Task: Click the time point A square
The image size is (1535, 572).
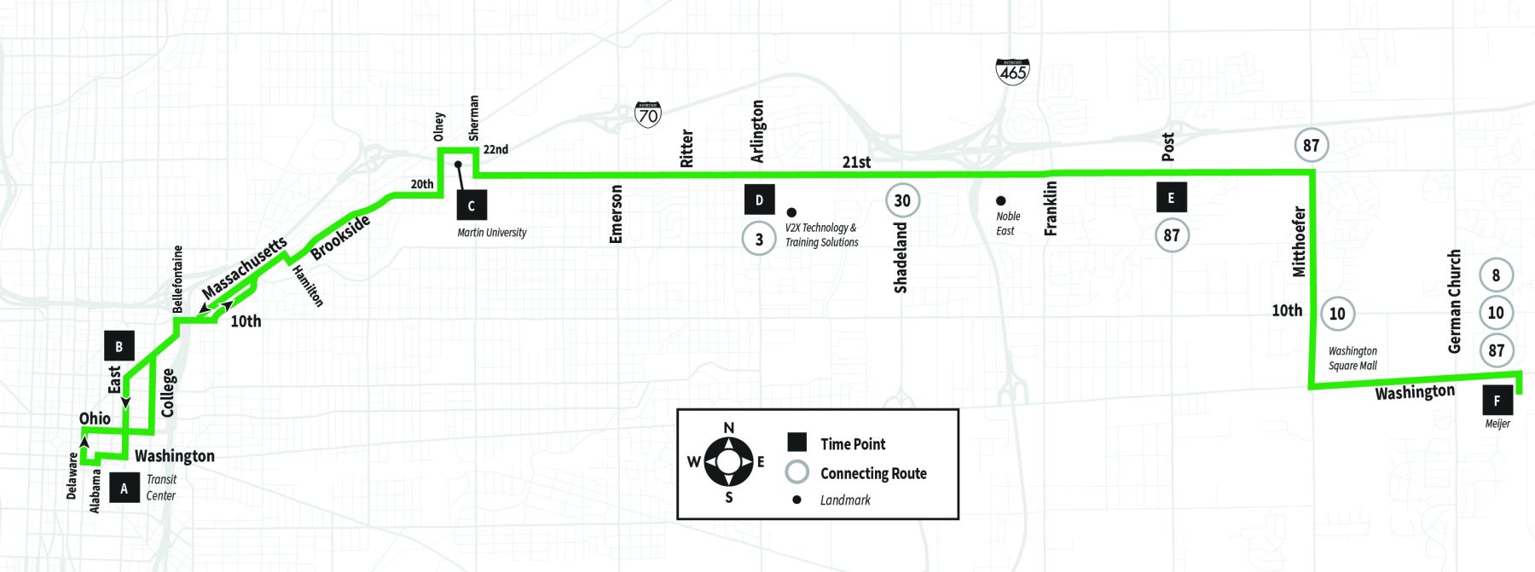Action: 125,488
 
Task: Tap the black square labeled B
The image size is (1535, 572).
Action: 119,346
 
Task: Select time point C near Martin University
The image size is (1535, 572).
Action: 472,205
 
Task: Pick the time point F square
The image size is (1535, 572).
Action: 1497,401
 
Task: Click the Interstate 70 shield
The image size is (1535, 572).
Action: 648,114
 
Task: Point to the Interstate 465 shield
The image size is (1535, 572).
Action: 1012,71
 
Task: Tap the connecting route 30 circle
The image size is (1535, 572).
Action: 902,200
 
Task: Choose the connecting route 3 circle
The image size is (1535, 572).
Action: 759,239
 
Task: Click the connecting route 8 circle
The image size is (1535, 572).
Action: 1496,275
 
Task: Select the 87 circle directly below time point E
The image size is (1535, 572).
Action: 1172,234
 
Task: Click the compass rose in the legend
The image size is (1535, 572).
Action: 728,462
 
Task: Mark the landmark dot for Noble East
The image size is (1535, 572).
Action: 1000,201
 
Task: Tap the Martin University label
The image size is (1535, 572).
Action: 492,233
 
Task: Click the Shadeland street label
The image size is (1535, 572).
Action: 901,257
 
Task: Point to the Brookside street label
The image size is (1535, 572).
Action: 340,237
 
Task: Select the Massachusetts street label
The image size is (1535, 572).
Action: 244,268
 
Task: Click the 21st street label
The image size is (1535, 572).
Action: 856,162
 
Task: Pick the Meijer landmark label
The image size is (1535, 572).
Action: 1497,424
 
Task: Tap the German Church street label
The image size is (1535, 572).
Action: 1455,301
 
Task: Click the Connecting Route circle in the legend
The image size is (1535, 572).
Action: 796,472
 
